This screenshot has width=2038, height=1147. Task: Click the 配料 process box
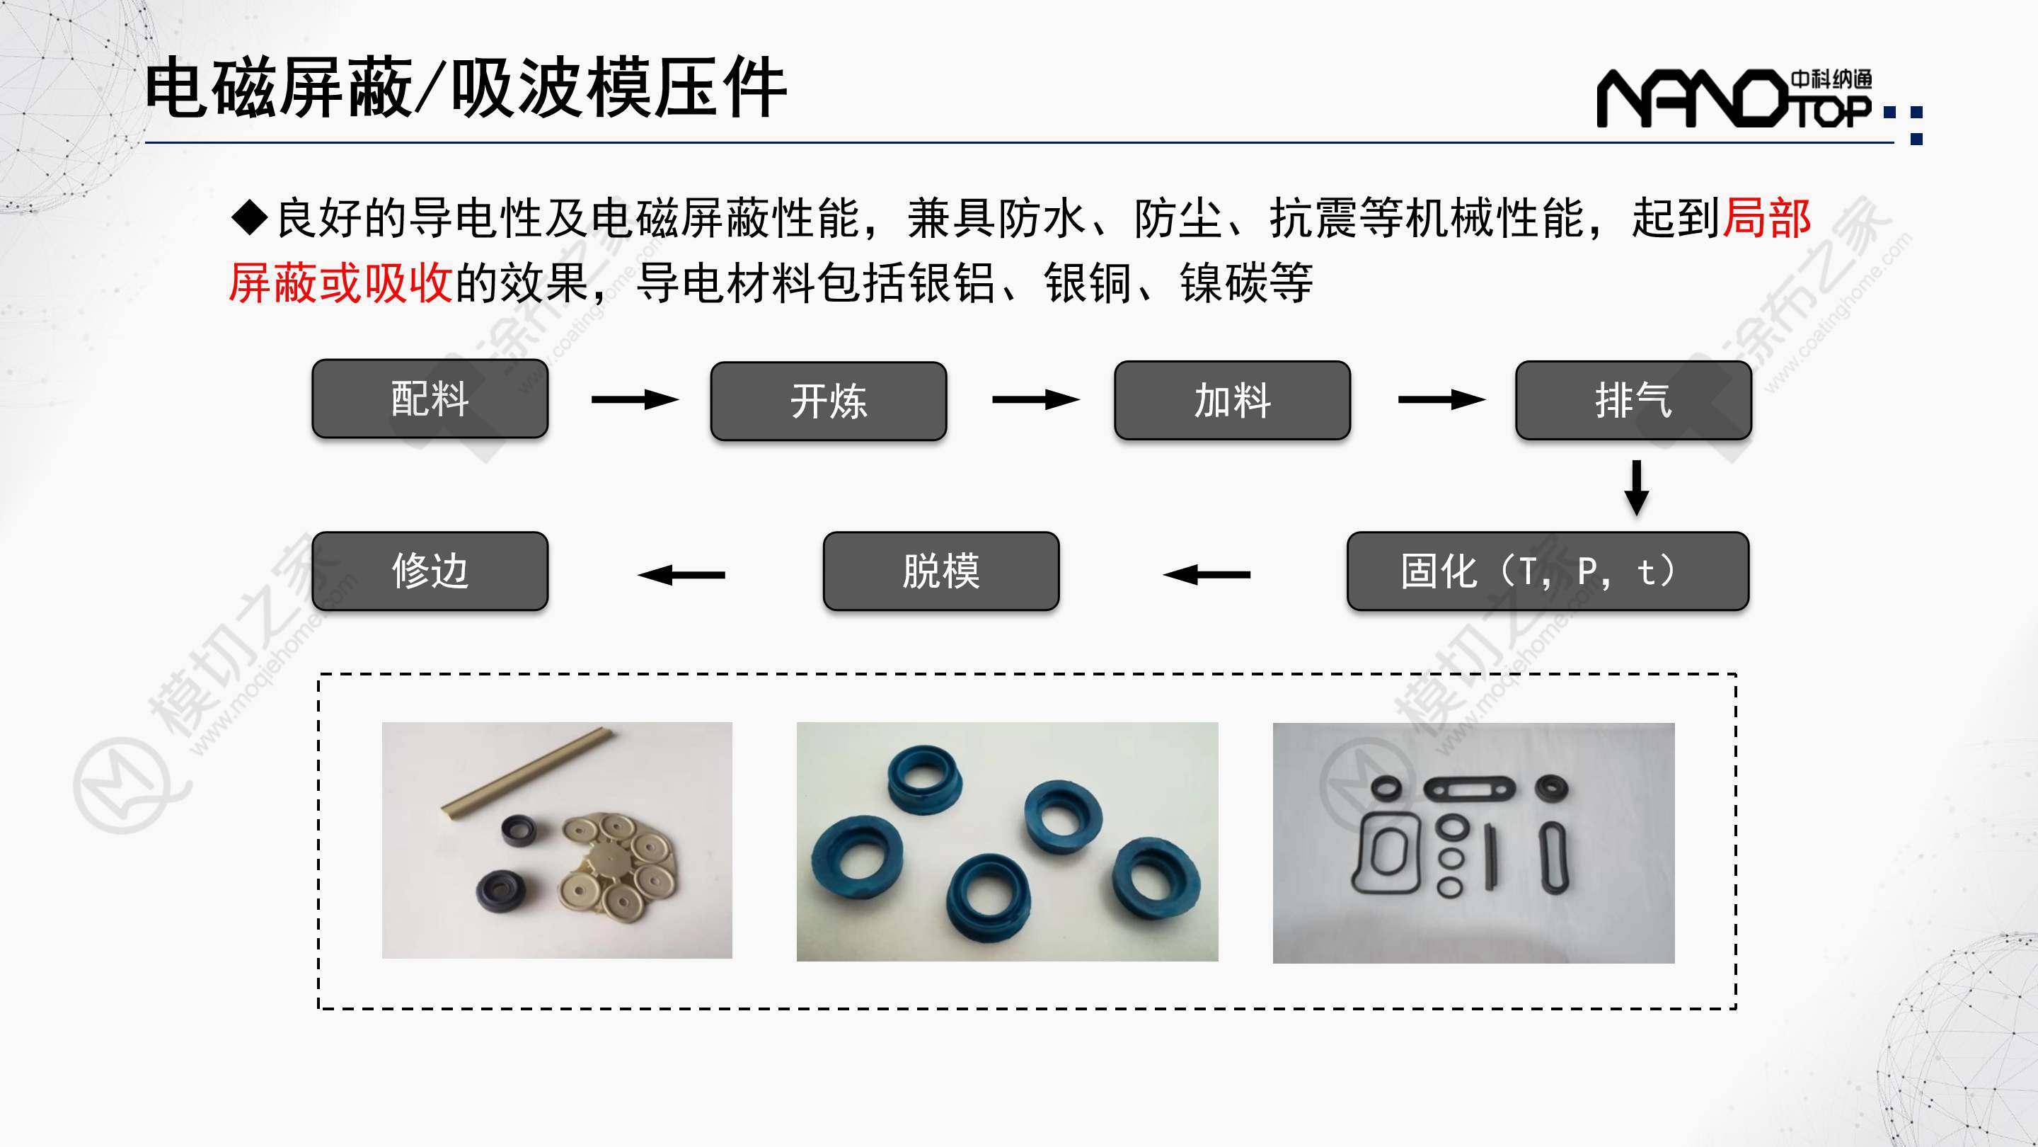pos(430,398)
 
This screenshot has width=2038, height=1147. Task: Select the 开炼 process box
pos(829,401)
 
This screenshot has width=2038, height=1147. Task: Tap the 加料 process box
pos(1232,400)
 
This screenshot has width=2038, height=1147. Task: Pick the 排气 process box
pos(1633,400)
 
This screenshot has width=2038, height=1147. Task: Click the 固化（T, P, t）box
pos(1548,571)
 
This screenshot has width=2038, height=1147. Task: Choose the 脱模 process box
pos(940,571)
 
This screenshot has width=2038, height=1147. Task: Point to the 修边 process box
pos(430,571)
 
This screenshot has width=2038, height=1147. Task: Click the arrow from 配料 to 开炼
pos(635,400)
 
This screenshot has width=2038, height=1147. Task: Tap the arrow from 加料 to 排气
pos(1441,400)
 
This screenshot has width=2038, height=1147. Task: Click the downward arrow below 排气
pos(1636,488)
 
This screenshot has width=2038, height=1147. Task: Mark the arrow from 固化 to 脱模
pos(1207,574)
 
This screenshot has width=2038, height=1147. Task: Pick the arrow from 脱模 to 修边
pos(681,574)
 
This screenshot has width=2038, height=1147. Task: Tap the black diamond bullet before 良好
pos(251,217)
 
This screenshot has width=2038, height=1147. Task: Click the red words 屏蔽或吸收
pos(341,283)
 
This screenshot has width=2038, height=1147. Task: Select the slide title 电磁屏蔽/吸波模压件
pos(465,88)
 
